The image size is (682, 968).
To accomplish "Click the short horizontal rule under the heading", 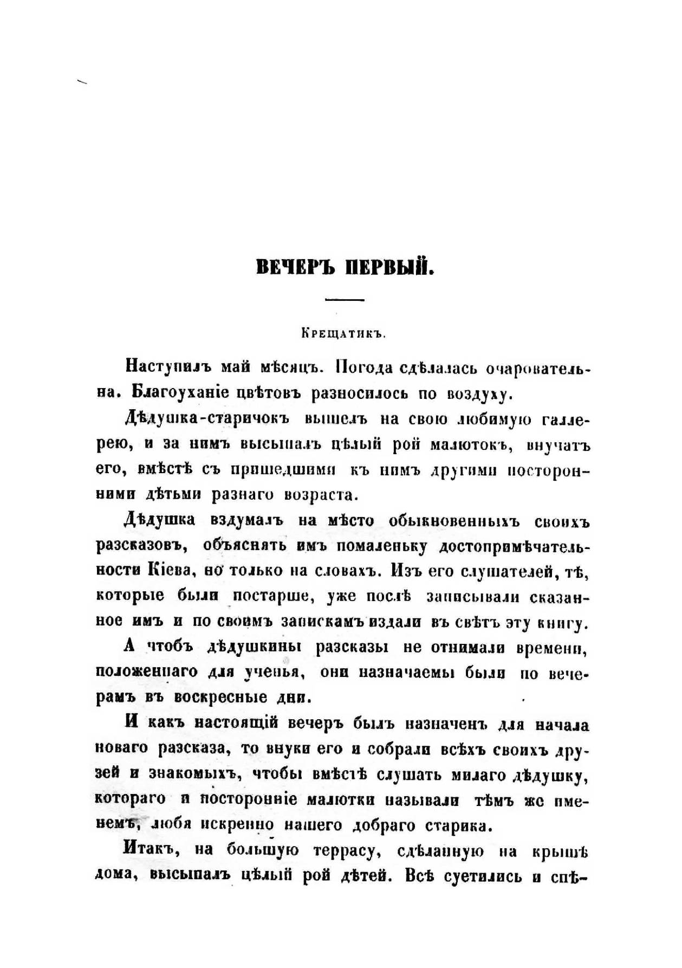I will click(345, 300).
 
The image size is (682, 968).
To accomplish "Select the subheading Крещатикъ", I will click(343, 334).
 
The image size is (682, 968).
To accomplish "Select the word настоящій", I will click(236, 724).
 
